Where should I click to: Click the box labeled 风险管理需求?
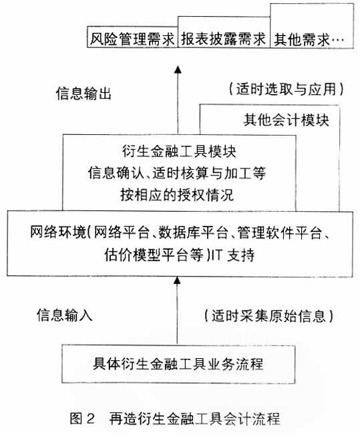(132, 37)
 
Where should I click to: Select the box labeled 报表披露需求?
(224, 32)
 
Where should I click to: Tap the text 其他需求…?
(309, 39)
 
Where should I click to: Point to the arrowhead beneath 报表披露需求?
(178, 69)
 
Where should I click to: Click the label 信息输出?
(83, 94)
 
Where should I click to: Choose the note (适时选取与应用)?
(287, 89)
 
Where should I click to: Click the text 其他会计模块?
(287, 120)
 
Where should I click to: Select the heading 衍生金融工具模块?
(179, 152)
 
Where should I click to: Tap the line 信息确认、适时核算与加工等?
(177, 173)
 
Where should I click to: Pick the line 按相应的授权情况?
(177, 194)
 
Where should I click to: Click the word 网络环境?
(58, 232)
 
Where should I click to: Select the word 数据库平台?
(193, 232)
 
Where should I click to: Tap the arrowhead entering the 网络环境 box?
(177, 280)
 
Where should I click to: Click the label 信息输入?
(65, 315)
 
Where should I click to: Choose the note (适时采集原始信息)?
(268, 315)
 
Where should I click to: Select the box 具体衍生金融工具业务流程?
(178, 364)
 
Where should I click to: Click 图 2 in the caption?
(82, 418)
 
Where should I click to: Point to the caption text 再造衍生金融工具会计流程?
(194, 418)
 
